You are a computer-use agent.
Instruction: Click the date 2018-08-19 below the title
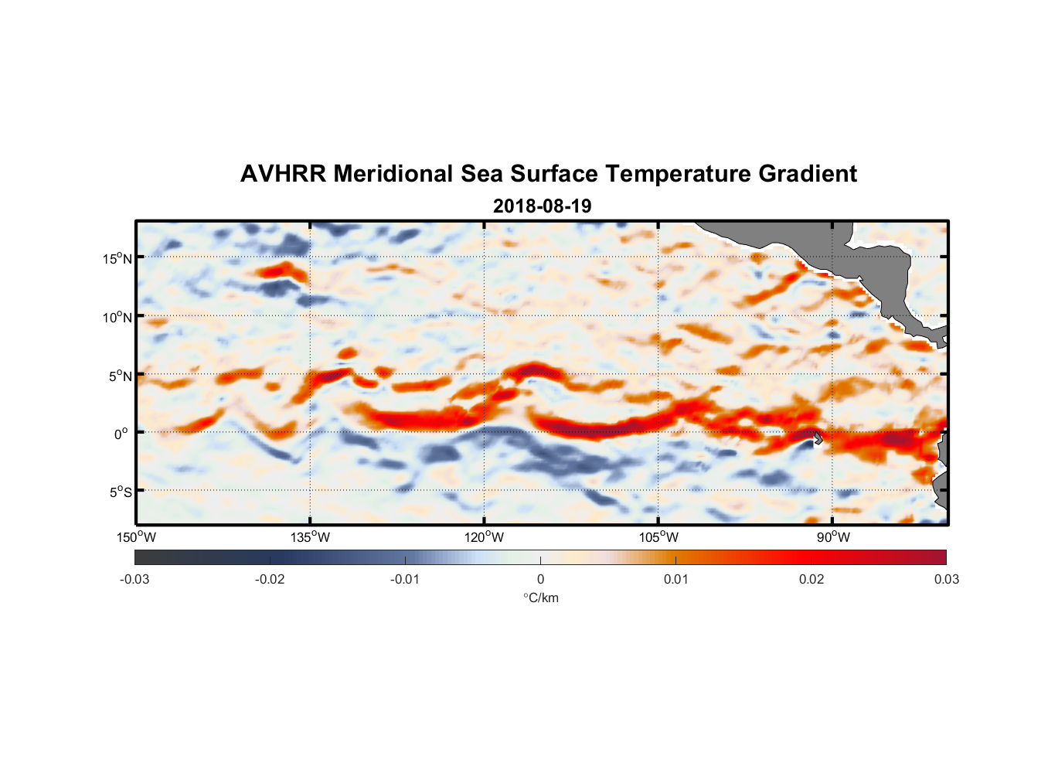click(x=542, y=206)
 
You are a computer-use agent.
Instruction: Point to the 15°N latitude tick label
click(x=117, y=258)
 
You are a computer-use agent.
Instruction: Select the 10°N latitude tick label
click(x=117, y=317)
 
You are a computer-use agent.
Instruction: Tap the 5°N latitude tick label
click(x=120, y=376)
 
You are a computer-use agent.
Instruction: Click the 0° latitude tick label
click(x=121, y=434)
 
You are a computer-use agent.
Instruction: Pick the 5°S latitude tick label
click(x=120, y=492)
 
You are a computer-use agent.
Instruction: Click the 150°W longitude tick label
click(x=136, y=537)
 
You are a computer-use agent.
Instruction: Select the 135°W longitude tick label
click(x=310, y=537)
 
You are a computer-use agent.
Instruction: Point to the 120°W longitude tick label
click(x=485, y=537)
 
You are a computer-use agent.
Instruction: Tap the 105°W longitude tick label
click(x=658, y=537)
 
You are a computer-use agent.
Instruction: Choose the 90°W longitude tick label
click(x=833, y=537)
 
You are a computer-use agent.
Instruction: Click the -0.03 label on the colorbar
click(x=134, y=579)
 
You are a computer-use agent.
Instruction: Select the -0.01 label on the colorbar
click(x=405, y=579)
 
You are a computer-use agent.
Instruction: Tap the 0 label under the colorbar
click(x=540, y=579)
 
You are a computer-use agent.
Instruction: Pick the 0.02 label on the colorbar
click(x=812, y=579)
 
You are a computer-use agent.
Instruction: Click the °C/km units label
click(x=540, y=598)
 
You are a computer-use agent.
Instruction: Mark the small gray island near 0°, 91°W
click(x=817, y=438)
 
